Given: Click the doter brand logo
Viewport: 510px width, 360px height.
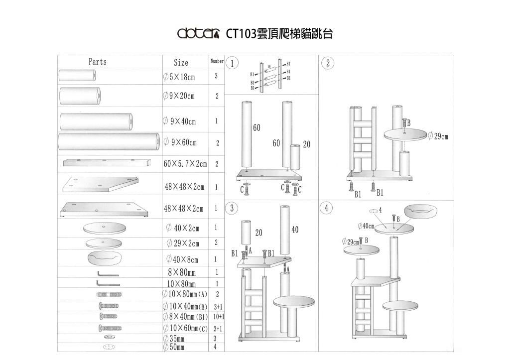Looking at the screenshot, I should coord(199,33).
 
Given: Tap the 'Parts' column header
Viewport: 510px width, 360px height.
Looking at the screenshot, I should coord(98,62).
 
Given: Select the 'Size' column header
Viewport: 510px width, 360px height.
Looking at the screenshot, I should coord(181,63).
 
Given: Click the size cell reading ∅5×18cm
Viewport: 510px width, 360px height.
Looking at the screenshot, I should coord(179,77).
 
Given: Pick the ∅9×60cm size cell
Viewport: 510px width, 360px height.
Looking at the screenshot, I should coord(180,142).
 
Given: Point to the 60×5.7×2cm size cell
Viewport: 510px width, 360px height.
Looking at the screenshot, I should coord(185,163).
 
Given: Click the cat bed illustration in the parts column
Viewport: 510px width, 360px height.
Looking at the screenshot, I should coord(104,258).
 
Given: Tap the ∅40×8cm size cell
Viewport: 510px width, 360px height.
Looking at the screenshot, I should coord(182,259).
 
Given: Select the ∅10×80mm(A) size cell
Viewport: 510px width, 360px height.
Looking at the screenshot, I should coord(185,294).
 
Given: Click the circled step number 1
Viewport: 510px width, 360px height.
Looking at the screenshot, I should coord(232,63).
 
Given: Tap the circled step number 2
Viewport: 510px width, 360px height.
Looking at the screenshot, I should coord(328,63).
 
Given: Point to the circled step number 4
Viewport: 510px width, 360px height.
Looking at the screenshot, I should coord(327,208).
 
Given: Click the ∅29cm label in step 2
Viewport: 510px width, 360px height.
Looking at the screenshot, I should coord(438,136).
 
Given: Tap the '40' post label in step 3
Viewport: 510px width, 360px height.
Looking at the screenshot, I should coord(295,230).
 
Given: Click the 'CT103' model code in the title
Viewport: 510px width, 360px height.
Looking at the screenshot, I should coord(241,34).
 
